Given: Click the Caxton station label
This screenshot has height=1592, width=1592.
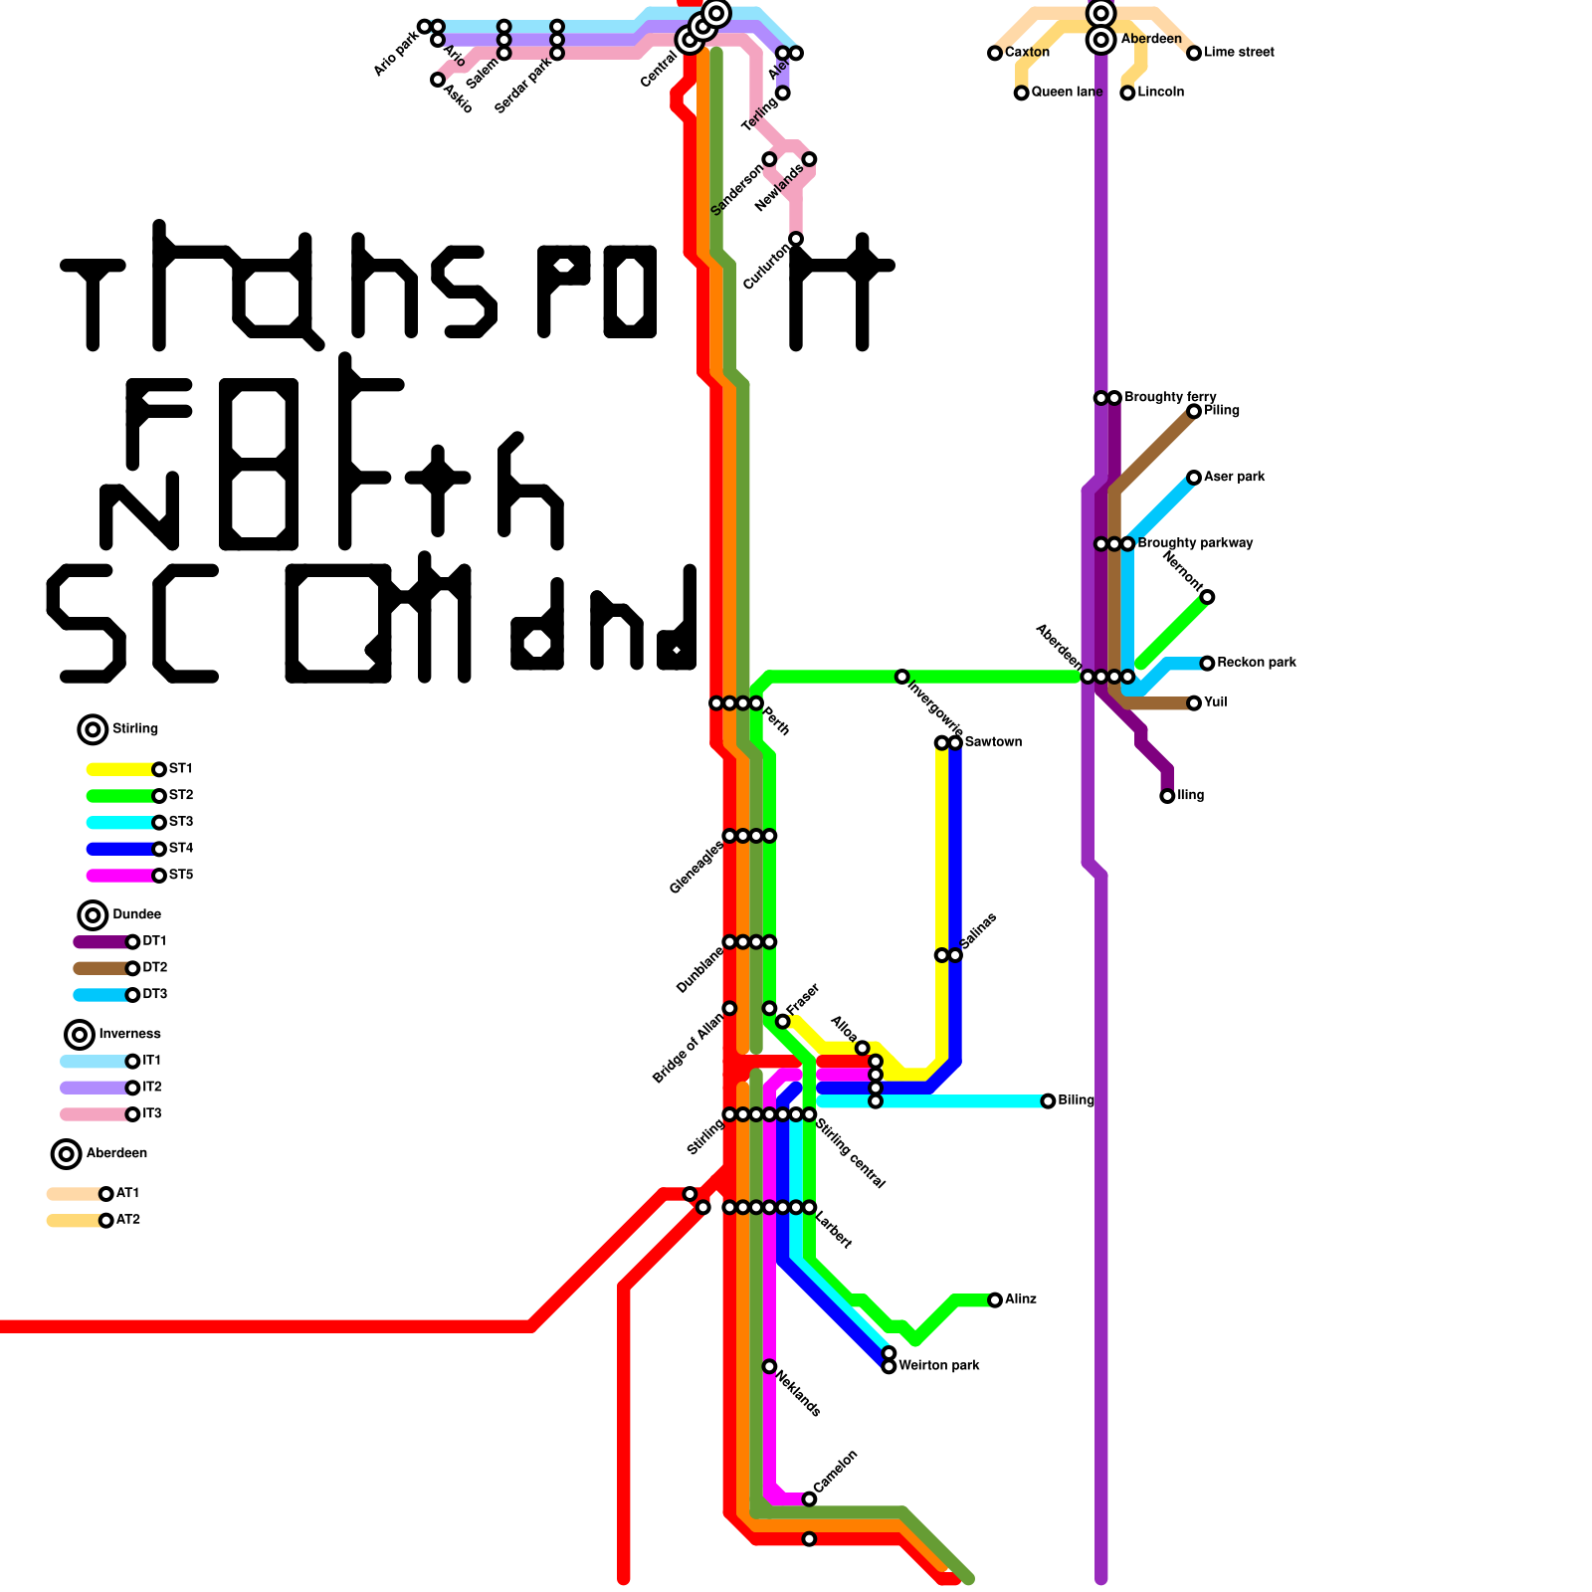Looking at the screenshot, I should pos(1027,52).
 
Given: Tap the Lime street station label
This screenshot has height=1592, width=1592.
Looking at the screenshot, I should pos(1239,52).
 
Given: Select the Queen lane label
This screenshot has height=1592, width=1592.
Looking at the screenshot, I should pos(1067,92).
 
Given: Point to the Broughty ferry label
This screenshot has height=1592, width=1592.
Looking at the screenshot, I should pos(1170,397).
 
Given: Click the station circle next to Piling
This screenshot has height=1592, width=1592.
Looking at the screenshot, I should pos(1194,411).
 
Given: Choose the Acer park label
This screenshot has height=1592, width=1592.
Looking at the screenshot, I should pos(1234,477).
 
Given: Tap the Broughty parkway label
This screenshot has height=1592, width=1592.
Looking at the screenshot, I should pos(1194,543).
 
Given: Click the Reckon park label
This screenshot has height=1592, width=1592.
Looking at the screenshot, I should pos(1256,663).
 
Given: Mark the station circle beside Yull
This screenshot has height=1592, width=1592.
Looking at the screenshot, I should pos(1194,703).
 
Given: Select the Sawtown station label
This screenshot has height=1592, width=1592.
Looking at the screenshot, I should pos(993,742).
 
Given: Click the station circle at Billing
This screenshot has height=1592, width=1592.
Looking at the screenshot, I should pos(1048,1101).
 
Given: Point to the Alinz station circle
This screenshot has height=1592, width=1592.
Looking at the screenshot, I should pos(995,1300).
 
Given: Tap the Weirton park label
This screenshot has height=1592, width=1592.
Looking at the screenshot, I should pos(938,1365).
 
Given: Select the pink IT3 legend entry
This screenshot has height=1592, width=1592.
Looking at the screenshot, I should pos(95,1114).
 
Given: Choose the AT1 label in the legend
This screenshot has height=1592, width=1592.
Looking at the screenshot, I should pos(127,1193).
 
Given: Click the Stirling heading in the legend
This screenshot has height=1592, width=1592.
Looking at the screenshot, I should pos(134,729).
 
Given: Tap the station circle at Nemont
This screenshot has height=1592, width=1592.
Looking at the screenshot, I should pos(1207,597).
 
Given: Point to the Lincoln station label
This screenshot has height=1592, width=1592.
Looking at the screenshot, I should pos(1160,92).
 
